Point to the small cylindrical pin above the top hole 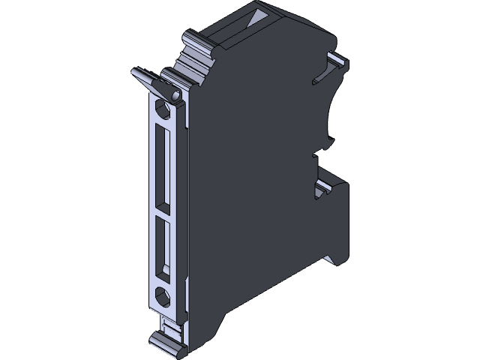coord(174,96)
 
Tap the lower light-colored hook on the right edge coord(328,190)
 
